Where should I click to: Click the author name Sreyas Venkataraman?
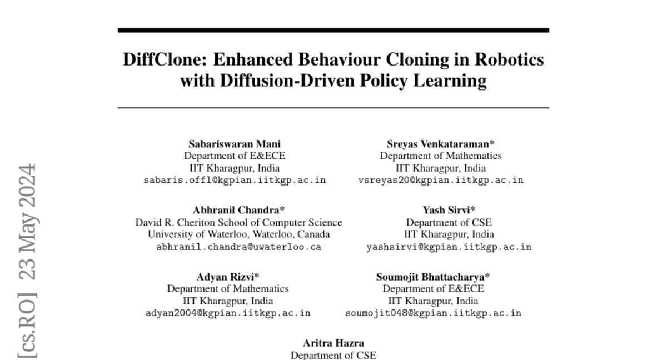[x=440, y=144]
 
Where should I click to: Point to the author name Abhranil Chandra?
[x=238, y=211]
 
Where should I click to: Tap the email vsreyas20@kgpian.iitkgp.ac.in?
[x=441, y=180]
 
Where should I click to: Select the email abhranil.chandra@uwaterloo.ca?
[x=239, y=247]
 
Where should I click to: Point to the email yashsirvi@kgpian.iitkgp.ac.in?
[x=449, y=247]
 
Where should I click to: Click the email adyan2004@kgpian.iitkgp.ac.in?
[x=228, y=313]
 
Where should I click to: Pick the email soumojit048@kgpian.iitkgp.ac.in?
[x=433, y=313]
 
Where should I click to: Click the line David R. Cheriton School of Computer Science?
[x=239, y=223]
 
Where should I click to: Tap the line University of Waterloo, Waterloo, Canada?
[x=239, y=234]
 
